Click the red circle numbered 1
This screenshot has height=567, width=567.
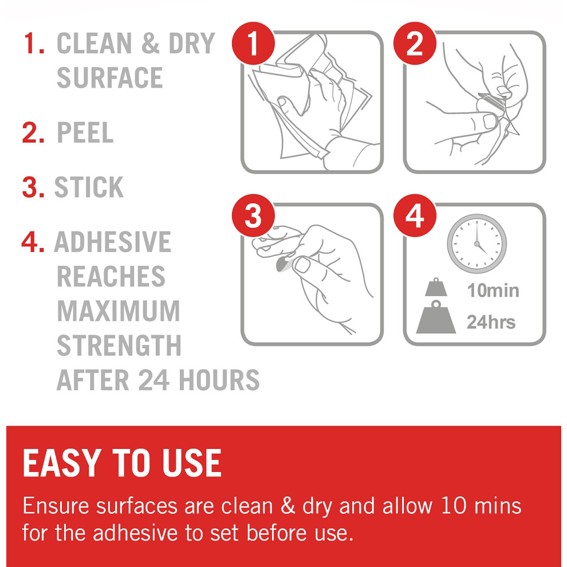pyautogui.click(x=253, y=44)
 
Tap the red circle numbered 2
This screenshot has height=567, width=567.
pyautogui.click(x=415, y=44)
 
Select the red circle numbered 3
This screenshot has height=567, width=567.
pyautogui.click(x=253, y=215)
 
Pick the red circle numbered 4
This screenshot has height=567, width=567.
pyautogui.click(x=415, y=215)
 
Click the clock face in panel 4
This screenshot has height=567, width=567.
pyautogui.click(x=477, y=243)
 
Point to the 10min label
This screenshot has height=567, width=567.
pyautogui.click(x=493, y=290)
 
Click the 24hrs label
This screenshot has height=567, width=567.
pyautogui.click(x=491, y=322)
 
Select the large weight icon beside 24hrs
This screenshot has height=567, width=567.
pyautogui.click(x=436, y=317)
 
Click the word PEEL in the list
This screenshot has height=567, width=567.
pyautogui.click(x=85, y=132)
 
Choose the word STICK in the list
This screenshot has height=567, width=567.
pyautogui.click(x=89, y=187)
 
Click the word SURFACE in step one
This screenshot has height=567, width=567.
pyautogui.click(x=110, y=77)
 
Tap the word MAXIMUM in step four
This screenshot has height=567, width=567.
pyautogui.click(x=119, y=310)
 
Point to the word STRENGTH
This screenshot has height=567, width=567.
pyautogui.click(x=119, y=345)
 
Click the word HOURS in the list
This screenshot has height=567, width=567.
pyautogui.click(x=219, y=380)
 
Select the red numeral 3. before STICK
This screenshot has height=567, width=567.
pyautogui.click(x=33, y=187)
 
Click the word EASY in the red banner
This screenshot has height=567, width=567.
pyautogui.click(x=61, y=463)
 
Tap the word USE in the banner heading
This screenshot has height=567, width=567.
pyautogui.click(x=191, y=463)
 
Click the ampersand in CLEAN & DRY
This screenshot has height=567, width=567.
pyautogui.click(x=151, y=43)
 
